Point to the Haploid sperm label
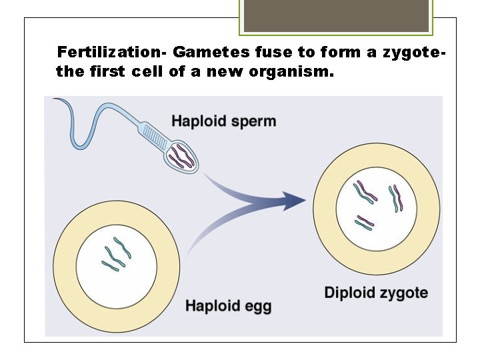coord(223,121)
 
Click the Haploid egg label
coord(228,306)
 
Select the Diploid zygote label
coord(376,292)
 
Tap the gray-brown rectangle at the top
coord(336,15)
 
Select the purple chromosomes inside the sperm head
coord(181,157)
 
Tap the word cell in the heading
coord(147,71)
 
